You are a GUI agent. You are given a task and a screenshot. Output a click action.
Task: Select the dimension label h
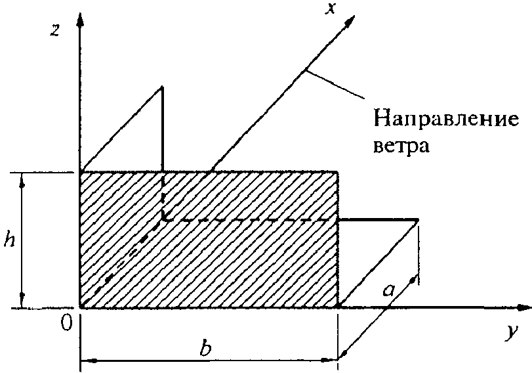9,240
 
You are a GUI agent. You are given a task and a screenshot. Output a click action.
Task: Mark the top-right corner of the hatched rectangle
338,173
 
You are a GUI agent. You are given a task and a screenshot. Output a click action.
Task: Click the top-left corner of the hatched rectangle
80,173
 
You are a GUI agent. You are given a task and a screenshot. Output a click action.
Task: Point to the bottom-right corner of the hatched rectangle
338,307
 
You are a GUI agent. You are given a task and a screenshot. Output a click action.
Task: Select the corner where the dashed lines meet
163,220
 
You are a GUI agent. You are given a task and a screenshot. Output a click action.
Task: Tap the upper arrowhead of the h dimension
23,180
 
